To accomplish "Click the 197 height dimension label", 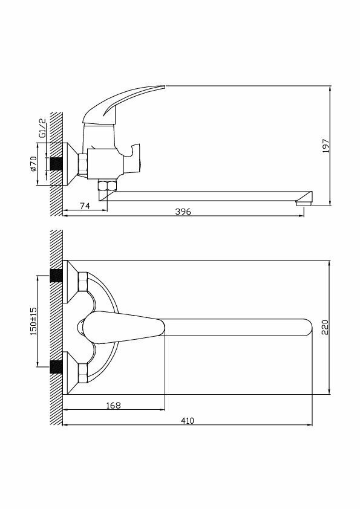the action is (326, 146).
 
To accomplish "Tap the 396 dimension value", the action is (183, 212).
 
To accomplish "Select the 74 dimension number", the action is (85, 206).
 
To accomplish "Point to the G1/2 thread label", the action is (42, 128).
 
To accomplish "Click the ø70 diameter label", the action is (33, 164).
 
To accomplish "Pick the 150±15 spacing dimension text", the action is (33, 321).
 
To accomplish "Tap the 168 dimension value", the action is (113, 405).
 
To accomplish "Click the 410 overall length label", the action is (187, 421).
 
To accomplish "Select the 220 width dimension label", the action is (326, 327).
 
